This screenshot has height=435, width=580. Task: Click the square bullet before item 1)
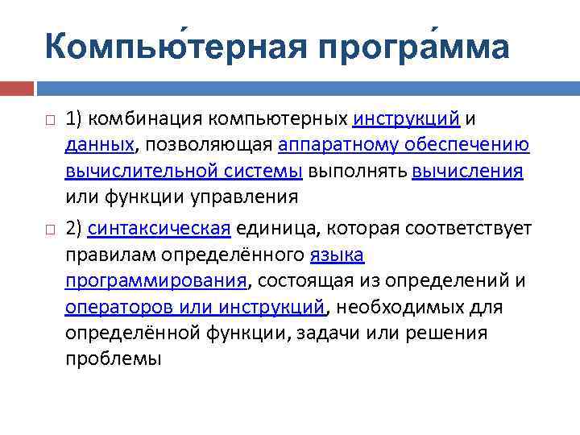(50, 120)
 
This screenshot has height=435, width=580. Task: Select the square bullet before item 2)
(50, 230)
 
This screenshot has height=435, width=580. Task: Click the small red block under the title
(16, 88)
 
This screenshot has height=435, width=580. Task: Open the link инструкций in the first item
(407, 119)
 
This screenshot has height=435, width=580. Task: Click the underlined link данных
(100, 145)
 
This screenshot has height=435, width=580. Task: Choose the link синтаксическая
(159, 229)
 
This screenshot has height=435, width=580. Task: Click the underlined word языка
(337, 255)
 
